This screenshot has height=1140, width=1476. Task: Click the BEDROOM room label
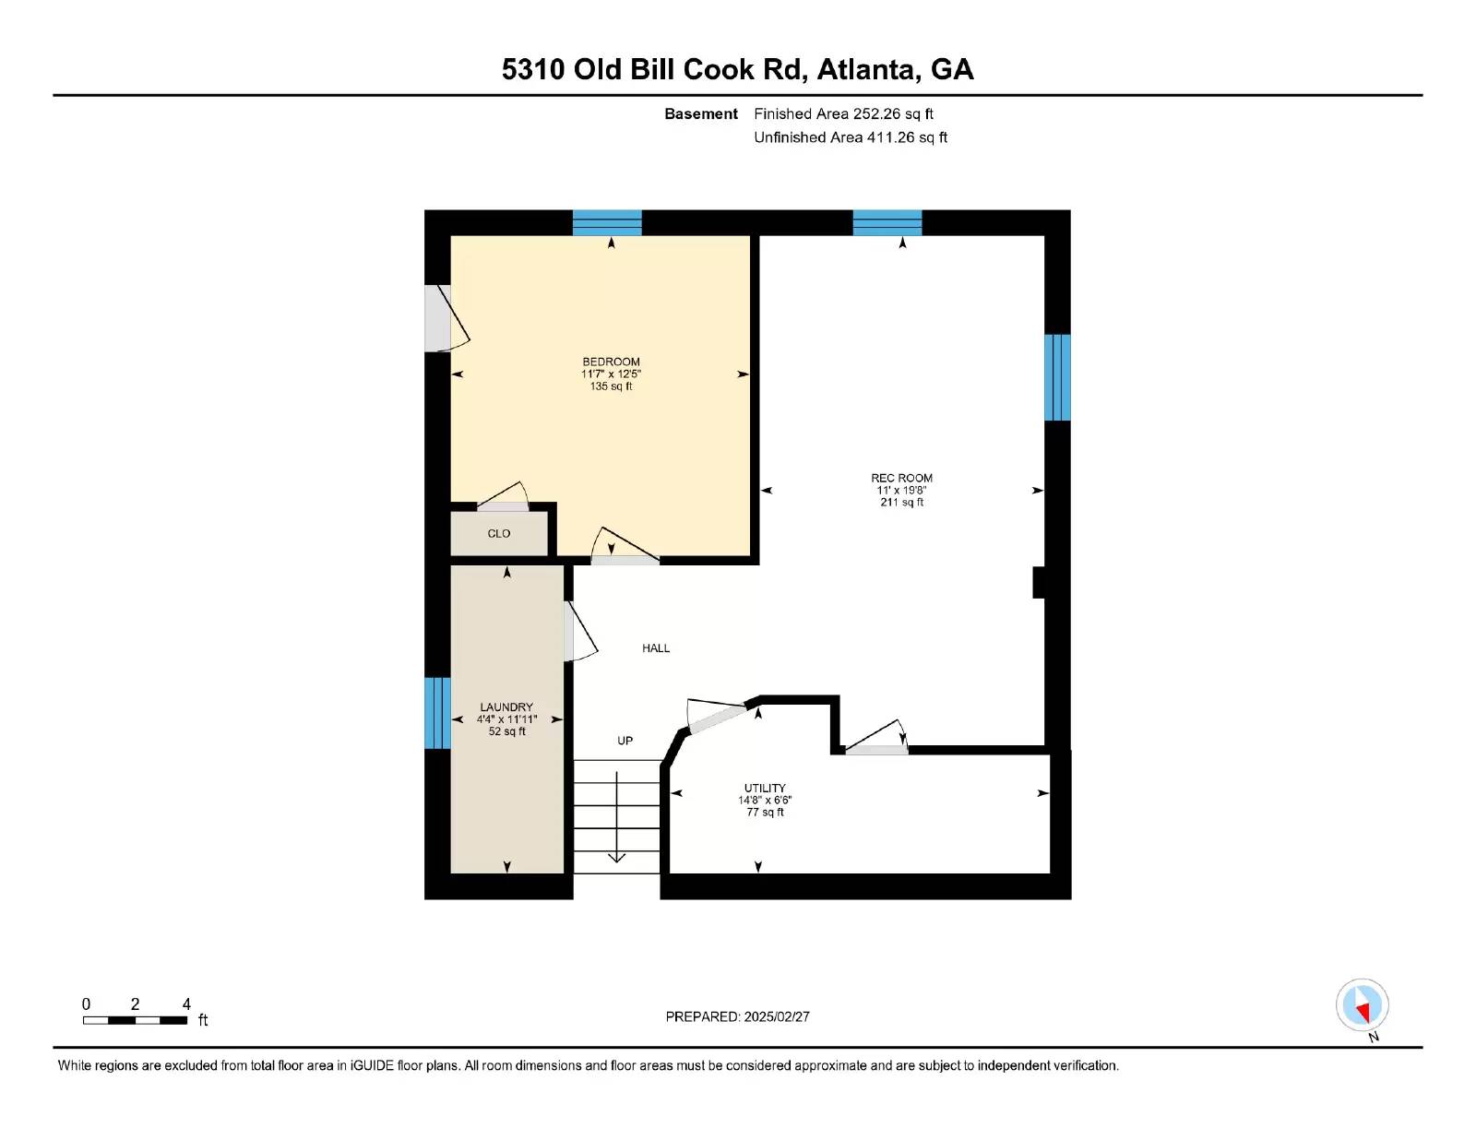click(x=611, y=362)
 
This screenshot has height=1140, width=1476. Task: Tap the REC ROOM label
click(x=901, y=478)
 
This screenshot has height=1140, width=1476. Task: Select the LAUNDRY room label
click(x=506, y=707)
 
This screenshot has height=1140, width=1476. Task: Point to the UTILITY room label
click(x=764, y=788)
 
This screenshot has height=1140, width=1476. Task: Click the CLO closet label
click(x=498, y=534)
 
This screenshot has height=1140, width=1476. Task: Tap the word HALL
click(x=656, y=648)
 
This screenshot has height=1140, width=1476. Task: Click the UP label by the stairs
click(x=625, y=741)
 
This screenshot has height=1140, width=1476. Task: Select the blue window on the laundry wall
click(x=437, y=713)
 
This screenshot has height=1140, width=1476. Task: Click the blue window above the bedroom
click(x=607, y=222)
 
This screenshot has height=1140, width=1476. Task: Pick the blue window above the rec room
click(x=887, y=222)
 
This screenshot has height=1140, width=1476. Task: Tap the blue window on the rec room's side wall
click(x=1057, y=377)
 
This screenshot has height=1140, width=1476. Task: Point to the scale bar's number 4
click(x=186, y=1004)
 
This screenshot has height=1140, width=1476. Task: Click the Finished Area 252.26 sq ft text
click(x=843, y=114)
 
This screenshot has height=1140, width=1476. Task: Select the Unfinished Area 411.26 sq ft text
click(x=851, y=137)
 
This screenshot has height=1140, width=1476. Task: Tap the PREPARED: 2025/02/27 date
click(x=738, y=1016)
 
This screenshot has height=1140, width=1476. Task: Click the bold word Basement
click(x=701, y=114)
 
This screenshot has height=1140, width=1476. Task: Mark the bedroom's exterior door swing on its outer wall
click(x=448, y=319)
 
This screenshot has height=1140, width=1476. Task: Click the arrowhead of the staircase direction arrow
click(x=616, y=858)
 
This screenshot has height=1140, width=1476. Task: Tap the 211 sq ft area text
click(x=901, y=503)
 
